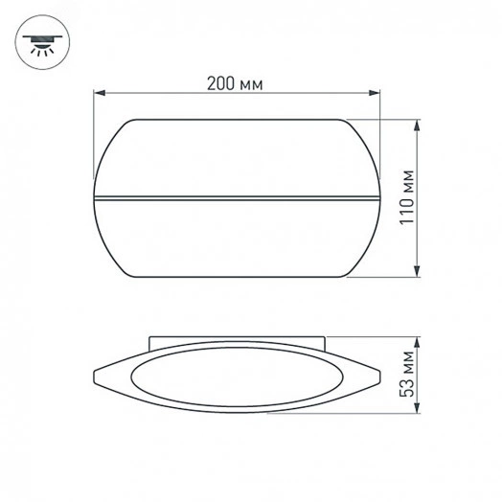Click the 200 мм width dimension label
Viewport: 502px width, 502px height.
pos(235,82)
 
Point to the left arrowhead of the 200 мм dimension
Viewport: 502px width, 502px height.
pos(98,94)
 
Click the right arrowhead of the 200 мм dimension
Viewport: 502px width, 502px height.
pos(376,94)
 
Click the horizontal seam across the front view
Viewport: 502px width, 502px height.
pos(238,199)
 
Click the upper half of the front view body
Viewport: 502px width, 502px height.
pos(238,158)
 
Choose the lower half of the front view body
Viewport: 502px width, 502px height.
pos(238,240)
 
